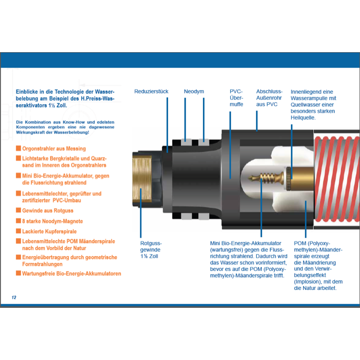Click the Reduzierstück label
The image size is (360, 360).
pos(151,91)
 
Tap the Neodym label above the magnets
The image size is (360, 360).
pos(194,91)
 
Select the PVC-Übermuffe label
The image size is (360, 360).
pos(237,98)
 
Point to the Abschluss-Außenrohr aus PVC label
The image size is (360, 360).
pos(269,98)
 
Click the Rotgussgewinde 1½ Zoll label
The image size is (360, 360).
pos(151,249)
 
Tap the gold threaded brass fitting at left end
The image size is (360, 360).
pos(142,179)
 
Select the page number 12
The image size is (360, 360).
pos(14,297)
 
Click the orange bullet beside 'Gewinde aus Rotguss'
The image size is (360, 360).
pos(18,210)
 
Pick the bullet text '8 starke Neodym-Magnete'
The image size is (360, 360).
pos(52,221)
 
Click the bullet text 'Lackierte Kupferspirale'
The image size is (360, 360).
pos(50,231)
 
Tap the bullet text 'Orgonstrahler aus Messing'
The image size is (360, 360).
pos(54,149)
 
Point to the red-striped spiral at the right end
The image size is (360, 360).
pos(337,179)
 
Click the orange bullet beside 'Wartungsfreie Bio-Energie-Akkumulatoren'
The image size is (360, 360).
pos(18,273)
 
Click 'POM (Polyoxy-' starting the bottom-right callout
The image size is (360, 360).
pos(312,244)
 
